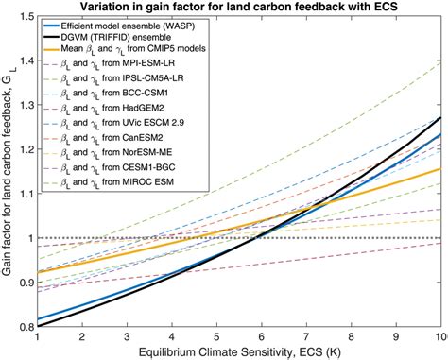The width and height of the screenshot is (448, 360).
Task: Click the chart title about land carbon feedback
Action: [239, 7]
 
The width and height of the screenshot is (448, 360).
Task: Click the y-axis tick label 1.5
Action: [23, 16]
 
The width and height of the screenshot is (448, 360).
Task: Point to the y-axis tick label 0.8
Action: [23, 327]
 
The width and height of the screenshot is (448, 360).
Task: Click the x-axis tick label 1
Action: [37, 336]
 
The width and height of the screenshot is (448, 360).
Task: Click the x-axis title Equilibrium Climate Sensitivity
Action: [239, 351]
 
